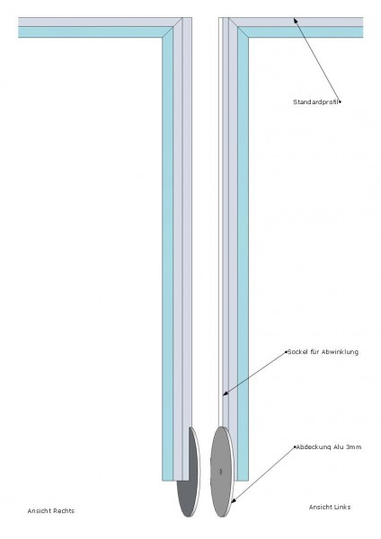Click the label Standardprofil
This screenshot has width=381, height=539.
point(315,102)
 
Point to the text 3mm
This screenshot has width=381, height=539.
point(355,447)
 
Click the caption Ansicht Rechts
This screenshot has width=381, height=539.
point(51,511)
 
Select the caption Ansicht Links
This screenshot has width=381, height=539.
point(330,507)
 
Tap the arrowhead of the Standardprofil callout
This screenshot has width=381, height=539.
point(295,19)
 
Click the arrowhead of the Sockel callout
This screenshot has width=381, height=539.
point(224,394)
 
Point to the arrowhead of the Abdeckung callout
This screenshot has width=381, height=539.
point(233,502)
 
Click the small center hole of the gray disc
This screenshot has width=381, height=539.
point(221,472)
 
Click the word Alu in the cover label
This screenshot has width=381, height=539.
point(339,447)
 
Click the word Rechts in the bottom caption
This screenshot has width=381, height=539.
point(63,511)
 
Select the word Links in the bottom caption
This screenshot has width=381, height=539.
point(341,507)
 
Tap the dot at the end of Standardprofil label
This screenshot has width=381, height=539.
point(340,102)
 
